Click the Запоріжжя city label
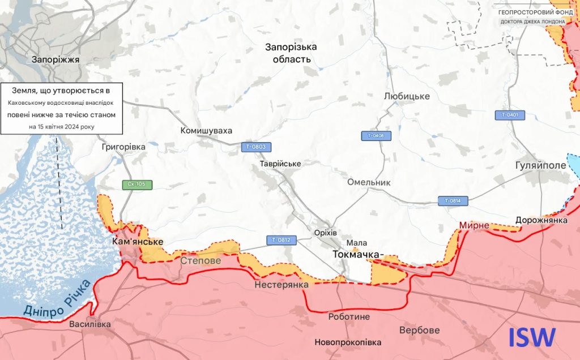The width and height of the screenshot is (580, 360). (56, 59)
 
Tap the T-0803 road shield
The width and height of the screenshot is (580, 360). (255, 147)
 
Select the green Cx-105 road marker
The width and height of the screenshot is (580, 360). (137, 185)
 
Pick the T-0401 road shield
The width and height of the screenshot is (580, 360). (510, 115)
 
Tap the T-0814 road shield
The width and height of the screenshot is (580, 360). (453, 201)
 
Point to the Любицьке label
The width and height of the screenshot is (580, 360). (407, 96)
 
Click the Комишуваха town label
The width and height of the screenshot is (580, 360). (206, 131)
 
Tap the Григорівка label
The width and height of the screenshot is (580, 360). (123, 147)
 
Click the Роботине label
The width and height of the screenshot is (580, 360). (349, 317)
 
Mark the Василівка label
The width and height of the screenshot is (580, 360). (90, 325)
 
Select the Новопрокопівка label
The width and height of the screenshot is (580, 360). (348, 342)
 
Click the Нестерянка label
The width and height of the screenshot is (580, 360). (281, 285)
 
